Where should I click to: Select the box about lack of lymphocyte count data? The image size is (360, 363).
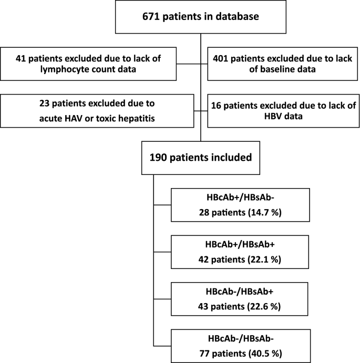[96, 65]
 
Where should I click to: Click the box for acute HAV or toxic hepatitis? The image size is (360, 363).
[96, 111]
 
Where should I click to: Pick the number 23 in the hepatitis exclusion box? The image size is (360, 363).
[46, 105]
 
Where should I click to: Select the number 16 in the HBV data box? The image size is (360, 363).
[218, 105]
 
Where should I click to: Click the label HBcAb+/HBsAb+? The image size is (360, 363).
[230, 244]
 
